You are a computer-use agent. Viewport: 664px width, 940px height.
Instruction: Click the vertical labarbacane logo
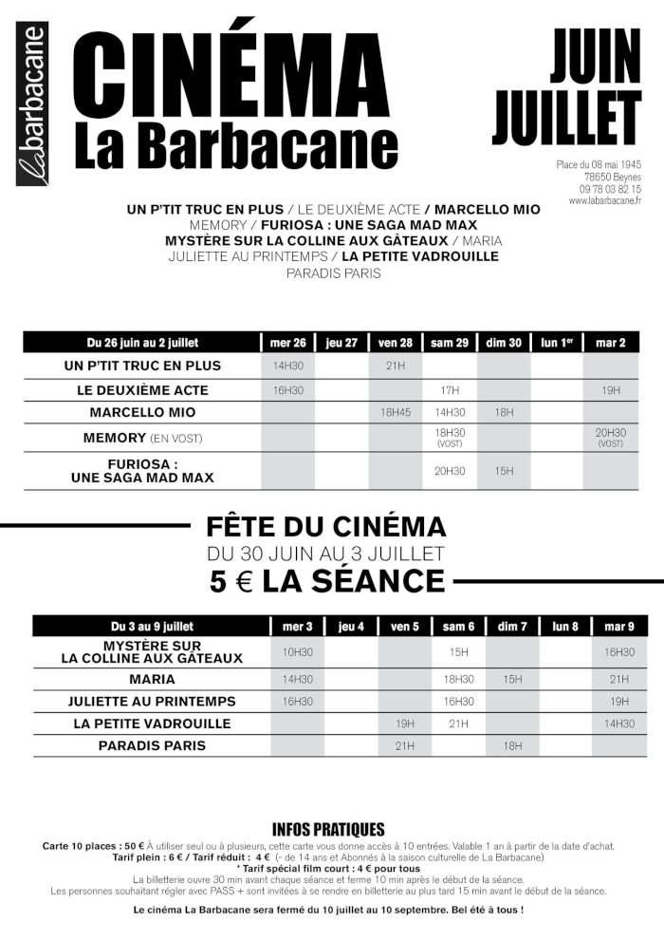(31, 103)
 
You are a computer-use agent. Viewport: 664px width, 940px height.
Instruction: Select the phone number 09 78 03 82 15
(610, 189)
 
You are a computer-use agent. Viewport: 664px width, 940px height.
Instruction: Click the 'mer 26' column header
(287, 343)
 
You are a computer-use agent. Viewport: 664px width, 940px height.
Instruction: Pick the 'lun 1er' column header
(557, 343)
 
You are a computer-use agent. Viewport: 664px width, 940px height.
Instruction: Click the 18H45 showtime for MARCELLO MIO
(395, 413)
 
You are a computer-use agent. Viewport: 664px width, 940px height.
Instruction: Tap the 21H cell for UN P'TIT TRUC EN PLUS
(395, 366)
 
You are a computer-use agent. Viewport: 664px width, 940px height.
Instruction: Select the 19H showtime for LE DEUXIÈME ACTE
(610, 390)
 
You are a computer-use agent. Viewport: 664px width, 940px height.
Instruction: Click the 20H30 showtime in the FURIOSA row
(450, 470)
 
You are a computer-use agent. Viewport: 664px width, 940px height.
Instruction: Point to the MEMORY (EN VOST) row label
(142, 438)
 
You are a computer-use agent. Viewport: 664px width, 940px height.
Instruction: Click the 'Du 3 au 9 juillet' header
(152, 627)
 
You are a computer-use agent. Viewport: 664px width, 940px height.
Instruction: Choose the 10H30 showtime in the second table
(297, 652)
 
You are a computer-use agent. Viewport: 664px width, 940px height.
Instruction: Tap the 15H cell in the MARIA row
(512, 679)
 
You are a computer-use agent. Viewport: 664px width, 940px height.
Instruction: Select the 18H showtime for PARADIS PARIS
(512, 746)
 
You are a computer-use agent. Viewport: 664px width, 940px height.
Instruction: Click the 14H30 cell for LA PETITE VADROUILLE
(618, 724)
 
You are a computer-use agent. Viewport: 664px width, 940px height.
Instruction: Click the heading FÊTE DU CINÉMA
(325, 526)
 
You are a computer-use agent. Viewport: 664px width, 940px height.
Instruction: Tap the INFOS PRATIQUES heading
(328, 829)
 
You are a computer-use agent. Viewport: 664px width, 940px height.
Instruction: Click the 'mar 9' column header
(618, 627)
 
